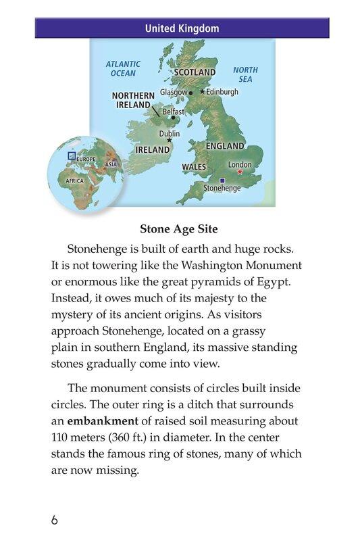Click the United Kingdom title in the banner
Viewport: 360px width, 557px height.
tap(182, 28)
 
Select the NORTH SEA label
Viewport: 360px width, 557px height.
tap(245, 74)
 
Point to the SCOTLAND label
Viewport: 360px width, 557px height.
tap(195, 72)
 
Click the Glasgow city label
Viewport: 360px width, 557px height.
tap(174, 92)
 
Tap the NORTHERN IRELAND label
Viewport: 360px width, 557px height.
tap(133, 101)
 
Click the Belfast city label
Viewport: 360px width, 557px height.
tap(174, 112)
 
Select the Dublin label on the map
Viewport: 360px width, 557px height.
tap(169, 134)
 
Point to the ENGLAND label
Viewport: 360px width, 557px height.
tap(225, 146)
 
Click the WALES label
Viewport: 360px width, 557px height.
tap(194, 166)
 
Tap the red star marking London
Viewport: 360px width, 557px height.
tap(239, 172)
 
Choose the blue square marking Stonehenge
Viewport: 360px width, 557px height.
tap(222, 180)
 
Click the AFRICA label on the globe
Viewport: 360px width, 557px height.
tap(74, 182)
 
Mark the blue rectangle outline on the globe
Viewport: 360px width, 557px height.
tap(72, 155)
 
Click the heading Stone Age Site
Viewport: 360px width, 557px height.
tap(180, 228)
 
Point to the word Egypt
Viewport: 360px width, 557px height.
tap(282, 281)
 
